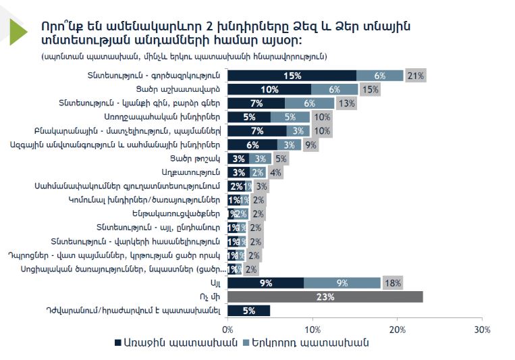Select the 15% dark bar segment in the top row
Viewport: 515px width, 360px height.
pyautogui.click(x=292, y=76)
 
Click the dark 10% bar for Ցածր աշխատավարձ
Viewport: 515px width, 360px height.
pyautogui.click(x=270, y=89)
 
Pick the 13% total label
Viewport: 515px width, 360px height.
pyautogui.click(x=347, y=103)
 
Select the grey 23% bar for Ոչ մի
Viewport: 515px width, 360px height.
pyautogui.click(x=325, y=296)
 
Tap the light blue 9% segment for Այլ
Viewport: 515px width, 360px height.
pyautogui.click(x=342, y=282)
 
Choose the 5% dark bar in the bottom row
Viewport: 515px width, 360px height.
pyautogui.click(x=249, y=310)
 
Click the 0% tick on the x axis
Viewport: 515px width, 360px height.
pyautogui.click(x=228, y=328)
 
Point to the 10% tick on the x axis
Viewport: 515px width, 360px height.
pyautogui.click(x=313, y=328)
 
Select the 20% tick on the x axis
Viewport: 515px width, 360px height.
pyautogui.click(x=398, y=328)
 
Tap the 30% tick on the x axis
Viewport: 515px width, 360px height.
pyautogui.click(x=482, y=328)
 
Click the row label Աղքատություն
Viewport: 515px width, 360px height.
pyautogui.click(x=192, y=172)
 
